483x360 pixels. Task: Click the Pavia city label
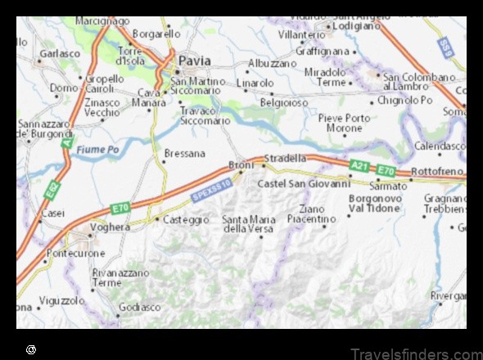point(196,61)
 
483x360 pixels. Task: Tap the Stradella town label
point(286,157)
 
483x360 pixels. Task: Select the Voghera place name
point(111,228)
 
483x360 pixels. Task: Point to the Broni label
point(241,165)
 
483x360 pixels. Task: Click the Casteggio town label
point(182,219)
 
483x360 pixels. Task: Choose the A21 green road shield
point(359,165)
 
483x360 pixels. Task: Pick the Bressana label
point(184,153)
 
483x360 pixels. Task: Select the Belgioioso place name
point(284,103)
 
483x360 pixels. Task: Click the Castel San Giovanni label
point(304,183)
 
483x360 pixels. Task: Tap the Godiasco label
point(139,307)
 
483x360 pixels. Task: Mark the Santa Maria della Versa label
point(248,223)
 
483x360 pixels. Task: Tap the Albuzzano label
point(273,63)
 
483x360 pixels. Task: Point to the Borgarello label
point(157,34)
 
